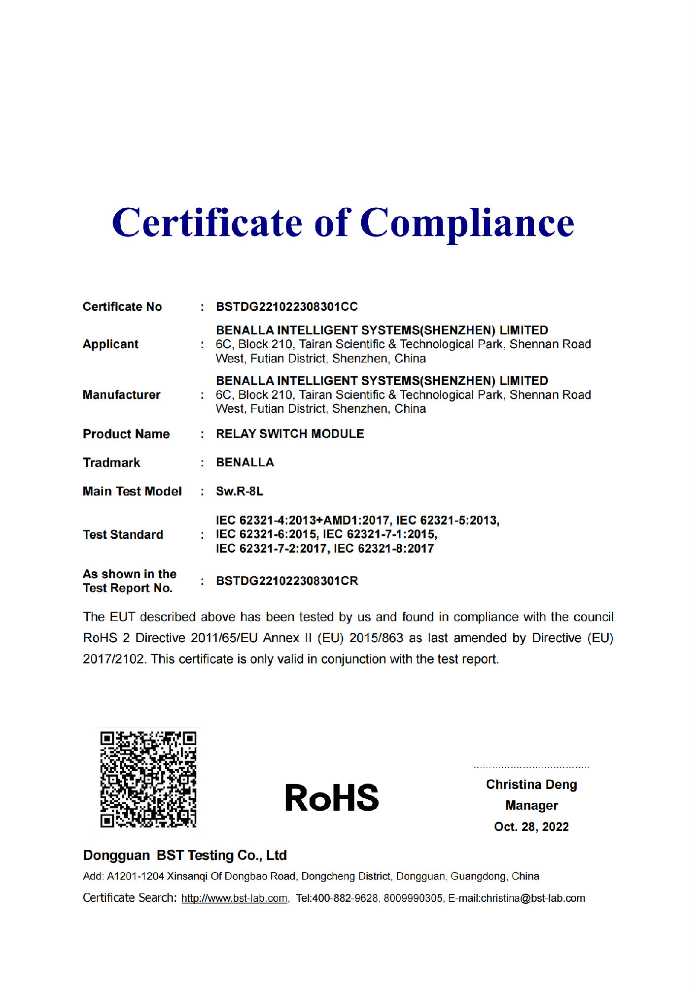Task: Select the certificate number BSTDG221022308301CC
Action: [286, 307]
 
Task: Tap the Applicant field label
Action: [110, 344]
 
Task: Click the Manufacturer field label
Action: [121, 395]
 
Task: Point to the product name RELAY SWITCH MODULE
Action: [290, 434]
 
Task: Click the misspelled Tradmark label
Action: [111, 463]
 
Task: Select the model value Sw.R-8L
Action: [240, 492]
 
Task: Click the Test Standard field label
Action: [123, 535]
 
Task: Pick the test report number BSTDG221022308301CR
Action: [287, 581]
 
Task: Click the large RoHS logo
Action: [332, 798]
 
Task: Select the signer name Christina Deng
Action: [531, 785]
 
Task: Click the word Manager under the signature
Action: [531, 806]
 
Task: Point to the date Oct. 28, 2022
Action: [531, 827]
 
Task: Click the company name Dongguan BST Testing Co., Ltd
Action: [185, 855]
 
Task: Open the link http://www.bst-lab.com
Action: [234, 898]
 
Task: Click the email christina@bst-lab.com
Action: [533, 898]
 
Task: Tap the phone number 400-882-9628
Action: [345, 898]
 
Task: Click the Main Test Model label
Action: [132, 492]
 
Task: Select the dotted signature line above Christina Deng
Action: [531, 767]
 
